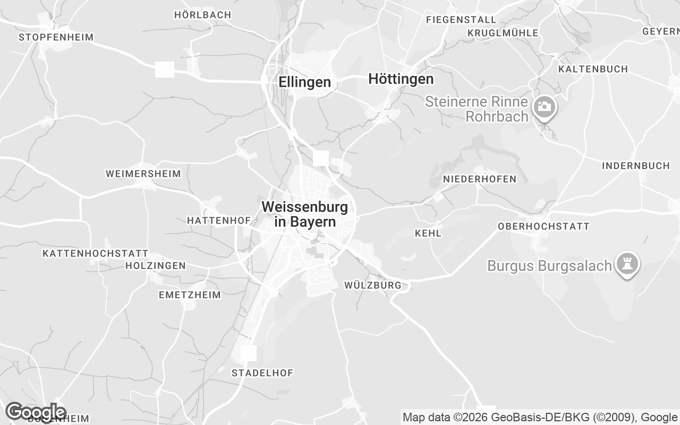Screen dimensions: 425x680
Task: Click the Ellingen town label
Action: click(x=304, y=82)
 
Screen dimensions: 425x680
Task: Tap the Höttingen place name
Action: click(x=401, y=79)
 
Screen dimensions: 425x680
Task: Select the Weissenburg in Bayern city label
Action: click(x=305, y=214)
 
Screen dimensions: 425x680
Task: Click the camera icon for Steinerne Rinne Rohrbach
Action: click(x=543, y=107)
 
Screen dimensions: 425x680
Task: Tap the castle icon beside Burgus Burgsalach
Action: click(x=627, y=263)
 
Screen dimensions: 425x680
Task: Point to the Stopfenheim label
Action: click(x=56, y=37)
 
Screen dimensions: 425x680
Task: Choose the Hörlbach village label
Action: click(x=202, y=15)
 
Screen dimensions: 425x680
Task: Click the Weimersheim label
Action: click(x=143, y=174)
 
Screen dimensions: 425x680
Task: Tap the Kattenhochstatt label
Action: click(x=95, y=253)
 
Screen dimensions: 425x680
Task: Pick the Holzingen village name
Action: click(x=155, y=266)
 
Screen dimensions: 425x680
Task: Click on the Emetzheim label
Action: click(x=189, y=295)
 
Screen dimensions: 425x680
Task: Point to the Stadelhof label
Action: click(x=262, y=373)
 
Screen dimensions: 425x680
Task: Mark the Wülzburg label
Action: click(x=372, y=285)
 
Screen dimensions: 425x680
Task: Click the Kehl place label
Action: click(x=428, y=233)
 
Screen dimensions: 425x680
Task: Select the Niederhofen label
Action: click(x=479, y=179)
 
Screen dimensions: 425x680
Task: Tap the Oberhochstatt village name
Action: click(x=543, y=226)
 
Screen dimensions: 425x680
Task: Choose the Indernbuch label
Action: click(x=635, y=166)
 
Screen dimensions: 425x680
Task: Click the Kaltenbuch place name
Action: click(x=593, y=69)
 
